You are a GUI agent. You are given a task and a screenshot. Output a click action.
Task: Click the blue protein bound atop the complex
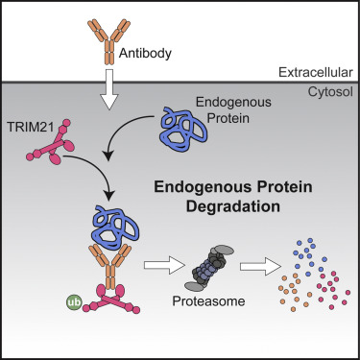pos(98,228)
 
